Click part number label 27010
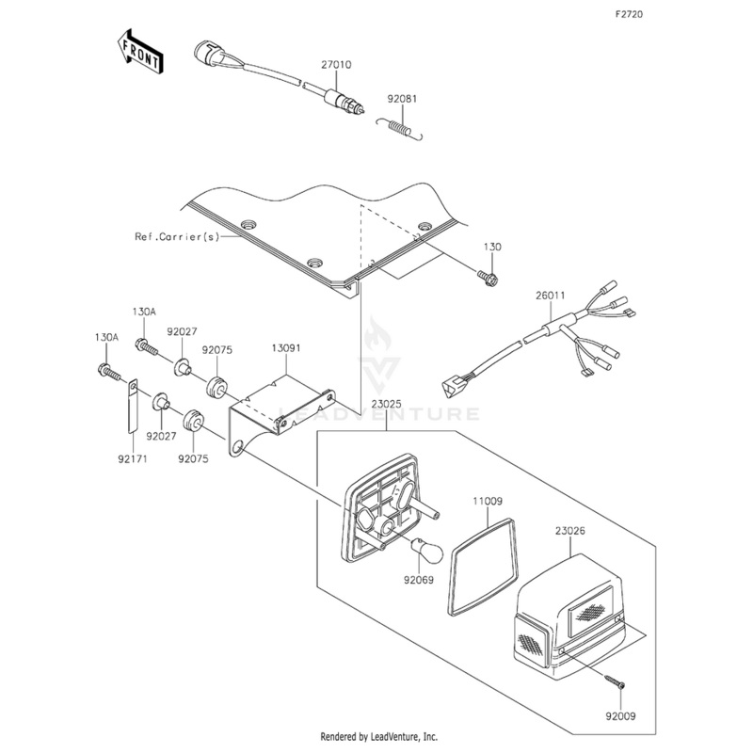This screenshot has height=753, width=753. click(x=336, y=66)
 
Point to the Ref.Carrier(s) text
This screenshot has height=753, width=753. click(x=175, y=237)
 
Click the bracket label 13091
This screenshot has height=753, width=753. click(x=286, y=348)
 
